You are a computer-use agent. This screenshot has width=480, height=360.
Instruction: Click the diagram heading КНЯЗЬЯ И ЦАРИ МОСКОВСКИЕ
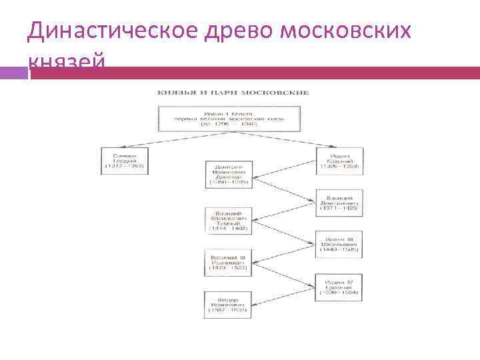233,92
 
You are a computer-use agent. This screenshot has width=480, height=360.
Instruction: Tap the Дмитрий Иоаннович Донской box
229,173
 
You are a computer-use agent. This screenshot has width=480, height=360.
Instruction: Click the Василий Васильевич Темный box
228,219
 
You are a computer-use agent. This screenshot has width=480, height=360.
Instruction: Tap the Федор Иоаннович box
228,305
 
